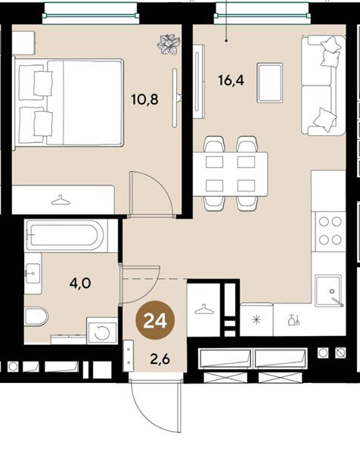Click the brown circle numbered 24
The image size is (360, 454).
[x=155, y=320]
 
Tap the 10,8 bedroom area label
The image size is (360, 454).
[x=144, y=100]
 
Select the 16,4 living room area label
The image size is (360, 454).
[x=231, y=80]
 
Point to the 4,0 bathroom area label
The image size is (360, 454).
[x=80, y=283]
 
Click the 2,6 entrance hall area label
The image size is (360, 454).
[x=160, y=359]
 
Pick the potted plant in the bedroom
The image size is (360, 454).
[x=169, y=45]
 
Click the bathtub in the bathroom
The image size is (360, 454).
[x=66, y=235]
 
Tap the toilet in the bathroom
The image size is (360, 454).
[x=36, y=316]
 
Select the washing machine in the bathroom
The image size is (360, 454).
[x=102, y=331]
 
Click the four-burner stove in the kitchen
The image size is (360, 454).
[x=330, y=231]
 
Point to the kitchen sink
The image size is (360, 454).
[x=329, y=291]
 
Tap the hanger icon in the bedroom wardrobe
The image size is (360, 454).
[x=61, y=200]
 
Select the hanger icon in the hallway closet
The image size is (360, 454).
[x=204, y=309]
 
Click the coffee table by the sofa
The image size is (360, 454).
[x=270, y=82]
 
